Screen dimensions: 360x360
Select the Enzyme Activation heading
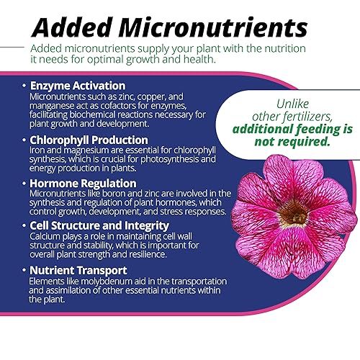(78, 86)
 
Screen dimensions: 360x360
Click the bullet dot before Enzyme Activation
(23, 86)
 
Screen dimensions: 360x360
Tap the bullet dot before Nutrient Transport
(23, 271)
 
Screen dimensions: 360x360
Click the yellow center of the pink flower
(294, 213)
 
